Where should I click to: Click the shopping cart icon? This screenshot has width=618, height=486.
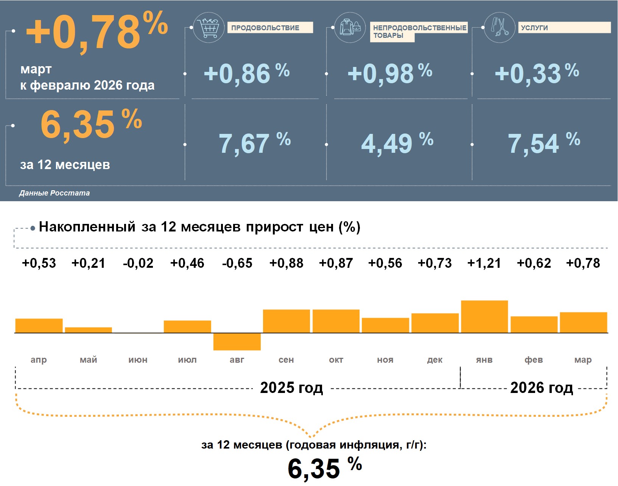click(x=209, y=27)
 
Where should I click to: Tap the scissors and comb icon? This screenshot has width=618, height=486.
click(x=500, y=27)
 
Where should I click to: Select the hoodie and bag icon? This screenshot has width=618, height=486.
click(x=350, y=27)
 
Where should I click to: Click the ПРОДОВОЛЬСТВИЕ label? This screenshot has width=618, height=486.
click(x=265, y=28)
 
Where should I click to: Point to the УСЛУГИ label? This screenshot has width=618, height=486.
click(x=534, y=28)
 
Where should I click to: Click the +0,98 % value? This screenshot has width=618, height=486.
click(x=390, y=73)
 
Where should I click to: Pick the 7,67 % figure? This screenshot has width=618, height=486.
click(x=254, y=143)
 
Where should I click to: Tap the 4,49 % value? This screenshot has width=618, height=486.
click(x=397, y=143)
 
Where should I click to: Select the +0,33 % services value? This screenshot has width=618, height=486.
click(x=537, y=73)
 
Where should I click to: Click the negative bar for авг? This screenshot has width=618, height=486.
click(x=237, y=342)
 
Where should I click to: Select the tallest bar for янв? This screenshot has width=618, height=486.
click(x=484, y=317)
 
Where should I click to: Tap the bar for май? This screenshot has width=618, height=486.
click(x=89, y=330)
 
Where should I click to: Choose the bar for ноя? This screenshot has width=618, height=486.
click(x=385, y=325)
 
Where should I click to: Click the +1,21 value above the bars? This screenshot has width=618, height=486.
click(x=484, y=263)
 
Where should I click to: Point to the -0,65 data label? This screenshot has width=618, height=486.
click(x=237, y=263)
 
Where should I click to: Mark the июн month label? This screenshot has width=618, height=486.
click(x=138, y=360)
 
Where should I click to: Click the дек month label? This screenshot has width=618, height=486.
click(x=435, y=360)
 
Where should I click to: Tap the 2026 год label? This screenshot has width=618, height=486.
click(x=542, y=388)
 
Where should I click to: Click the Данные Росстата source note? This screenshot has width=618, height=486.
click(x=54, y=193)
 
